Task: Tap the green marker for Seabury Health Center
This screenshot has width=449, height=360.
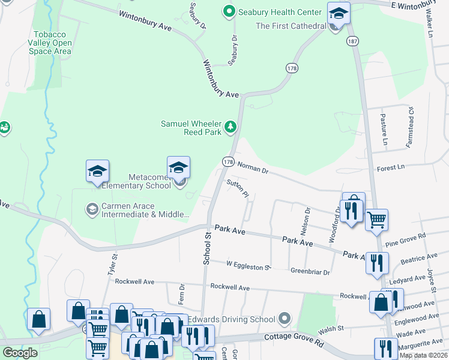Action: [x=229, y=11]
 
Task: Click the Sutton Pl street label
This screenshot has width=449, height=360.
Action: [x=237, y=187]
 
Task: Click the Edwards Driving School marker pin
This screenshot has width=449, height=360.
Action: [x=285, y=319]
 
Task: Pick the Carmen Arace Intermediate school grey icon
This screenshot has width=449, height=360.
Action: [x=92, y=209]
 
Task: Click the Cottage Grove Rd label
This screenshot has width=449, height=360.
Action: [x=294, y=339]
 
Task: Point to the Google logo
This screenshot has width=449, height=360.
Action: [x=20, y=352]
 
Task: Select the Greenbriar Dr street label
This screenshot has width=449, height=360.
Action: [x=310, y=272]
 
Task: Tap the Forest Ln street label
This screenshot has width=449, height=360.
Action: [x=391, y=167]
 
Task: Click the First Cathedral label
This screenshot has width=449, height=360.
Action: [x=291, y=26]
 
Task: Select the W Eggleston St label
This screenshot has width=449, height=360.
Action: [x=249, y=264]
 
